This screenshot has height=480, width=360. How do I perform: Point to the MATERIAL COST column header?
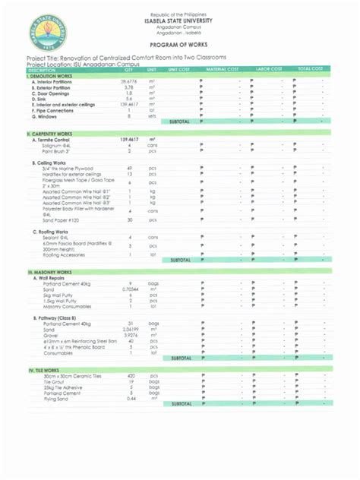[x=223, y=69]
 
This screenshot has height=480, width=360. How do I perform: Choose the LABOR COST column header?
[x=269, y=69]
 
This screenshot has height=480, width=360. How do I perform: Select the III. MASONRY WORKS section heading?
[x=50, y=271]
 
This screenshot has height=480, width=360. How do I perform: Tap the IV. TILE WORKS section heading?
[x=45, y=369]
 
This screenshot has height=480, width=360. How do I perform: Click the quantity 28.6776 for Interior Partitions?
[x=128, y=81]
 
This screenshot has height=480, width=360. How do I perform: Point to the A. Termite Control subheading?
[x=52, y=140]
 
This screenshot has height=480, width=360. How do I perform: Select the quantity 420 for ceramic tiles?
[x=131, y=375]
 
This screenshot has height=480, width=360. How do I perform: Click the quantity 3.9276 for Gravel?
[x=130, y=335]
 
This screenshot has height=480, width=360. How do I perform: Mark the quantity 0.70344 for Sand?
[x=130, y=289]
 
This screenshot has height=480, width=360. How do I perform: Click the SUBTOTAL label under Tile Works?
[x=182, y=404]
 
